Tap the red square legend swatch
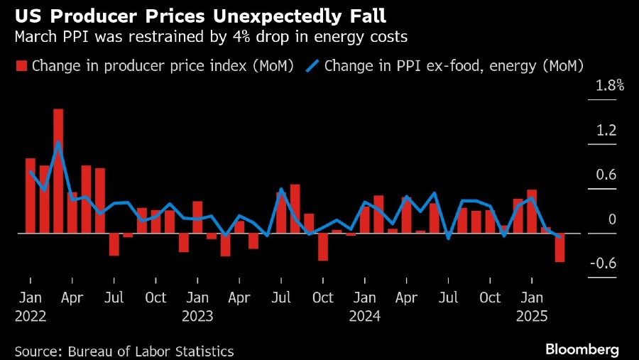coord(21,67)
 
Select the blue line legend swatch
coord(313,67)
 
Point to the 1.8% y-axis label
coord(608,87)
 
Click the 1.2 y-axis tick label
coord(606,131)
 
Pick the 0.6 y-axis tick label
coord(606,175)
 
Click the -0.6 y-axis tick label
coord(603,264)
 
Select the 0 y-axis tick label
coord(613,219)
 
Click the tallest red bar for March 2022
coord(58,170)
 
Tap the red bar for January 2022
coord(31,195)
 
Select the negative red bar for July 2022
coord(114,244)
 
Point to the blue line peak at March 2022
coord(58,143)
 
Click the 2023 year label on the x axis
coord(197,316)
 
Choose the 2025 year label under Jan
coord(532,316)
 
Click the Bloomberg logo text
coord(582,349)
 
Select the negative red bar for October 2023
coord(323,246)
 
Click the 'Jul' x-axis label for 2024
coord(449,298)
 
